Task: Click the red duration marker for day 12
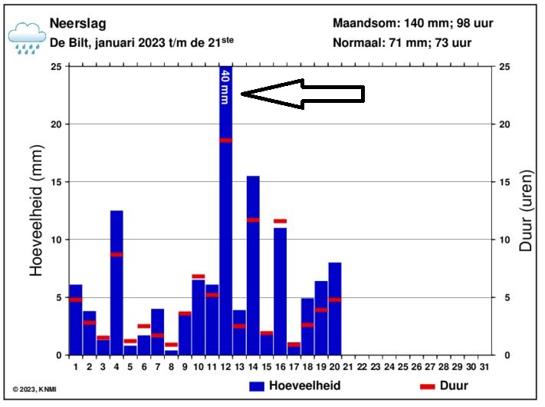pyautogui.click(x=225, y=141)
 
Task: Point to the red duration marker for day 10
pyautogui.click(x=199, y=276)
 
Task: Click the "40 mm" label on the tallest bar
pyautogui.click(x=225, y=86)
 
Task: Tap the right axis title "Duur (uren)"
pyautogui.click(x=526, y=211)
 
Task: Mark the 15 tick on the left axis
pyautogui.click(x=57, y=182)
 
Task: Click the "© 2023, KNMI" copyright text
pyautogui.click(x=34, y=389)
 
